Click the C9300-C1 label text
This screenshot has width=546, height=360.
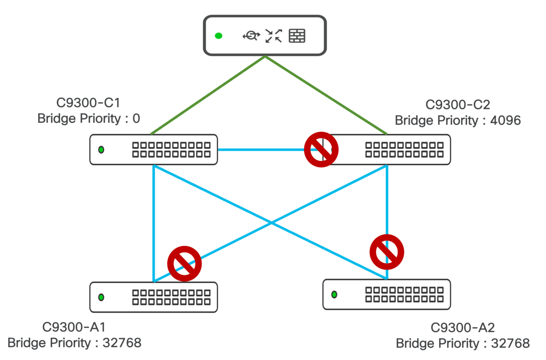88,102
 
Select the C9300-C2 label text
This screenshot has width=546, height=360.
458,105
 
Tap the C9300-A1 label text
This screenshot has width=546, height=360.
74,327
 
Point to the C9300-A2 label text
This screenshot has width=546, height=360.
462,327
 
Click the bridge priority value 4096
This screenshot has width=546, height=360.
506,120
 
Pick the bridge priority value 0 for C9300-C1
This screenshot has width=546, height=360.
136,118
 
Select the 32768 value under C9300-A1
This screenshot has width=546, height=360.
122,343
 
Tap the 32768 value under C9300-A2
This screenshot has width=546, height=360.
510,343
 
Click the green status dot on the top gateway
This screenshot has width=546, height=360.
218,36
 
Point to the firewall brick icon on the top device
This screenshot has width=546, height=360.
297,36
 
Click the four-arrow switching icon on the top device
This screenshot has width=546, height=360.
274,36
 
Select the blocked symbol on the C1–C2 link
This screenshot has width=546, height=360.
321,149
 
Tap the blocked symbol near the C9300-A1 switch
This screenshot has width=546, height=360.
184,264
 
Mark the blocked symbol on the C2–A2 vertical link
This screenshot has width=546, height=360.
387,252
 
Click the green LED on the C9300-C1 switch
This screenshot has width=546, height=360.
101,149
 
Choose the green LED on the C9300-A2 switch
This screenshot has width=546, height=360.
334,294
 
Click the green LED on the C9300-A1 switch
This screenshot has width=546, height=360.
101,297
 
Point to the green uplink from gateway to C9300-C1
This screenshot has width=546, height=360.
208,95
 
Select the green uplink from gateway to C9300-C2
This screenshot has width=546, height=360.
326,95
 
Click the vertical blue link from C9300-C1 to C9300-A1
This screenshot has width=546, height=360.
154,223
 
